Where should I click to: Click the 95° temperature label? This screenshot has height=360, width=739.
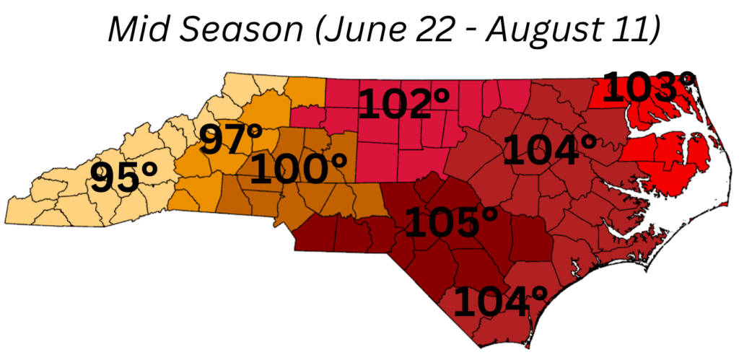coord(124,178)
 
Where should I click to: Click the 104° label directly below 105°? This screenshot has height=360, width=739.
coord(500,302)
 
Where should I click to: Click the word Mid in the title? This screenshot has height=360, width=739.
coord(135,30)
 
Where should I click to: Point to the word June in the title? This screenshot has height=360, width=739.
coord(355,30)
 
